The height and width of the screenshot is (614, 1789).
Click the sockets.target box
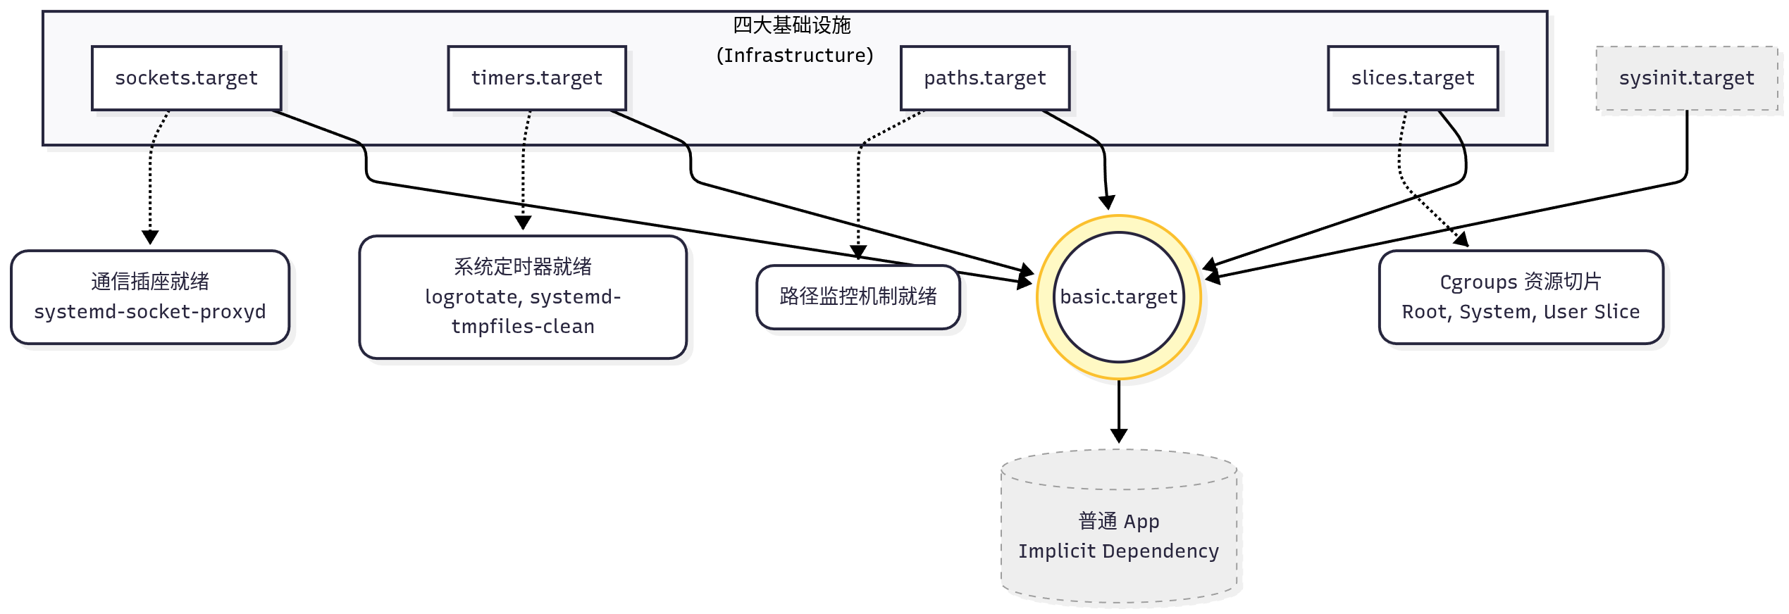(x=186, y=78)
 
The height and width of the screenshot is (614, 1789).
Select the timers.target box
(x=536, y=78)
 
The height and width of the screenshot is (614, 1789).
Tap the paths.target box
(x=984, y=78)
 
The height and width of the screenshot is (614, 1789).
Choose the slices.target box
(x=1412, y=78)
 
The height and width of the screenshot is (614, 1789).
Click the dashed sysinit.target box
(x=1686, y=78)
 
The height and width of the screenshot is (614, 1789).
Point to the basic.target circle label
(x=1118, y=297)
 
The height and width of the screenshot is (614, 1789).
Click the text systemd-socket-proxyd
(x=150, y=312)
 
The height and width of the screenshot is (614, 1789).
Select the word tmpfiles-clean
(x=523, y=327)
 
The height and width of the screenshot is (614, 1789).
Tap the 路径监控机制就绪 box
(x=858, y=296)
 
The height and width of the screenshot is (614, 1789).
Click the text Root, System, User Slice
(x=1521, y=312)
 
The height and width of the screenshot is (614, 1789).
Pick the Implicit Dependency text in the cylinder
(x=1118, y=551)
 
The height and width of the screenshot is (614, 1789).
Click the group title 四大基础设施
(x=791, y=25)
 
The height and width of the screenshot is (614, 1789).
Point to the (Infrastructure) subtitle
(x=794, y=56)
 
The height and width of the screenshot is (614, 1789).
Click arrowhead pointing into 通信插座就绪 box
(x=150, y=238)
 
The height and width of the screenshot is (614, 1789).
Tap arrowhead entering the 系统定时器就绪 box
(x=523, y=223)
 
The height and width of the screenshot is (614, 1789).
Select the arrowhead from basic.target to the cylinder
(x=1119, y=436)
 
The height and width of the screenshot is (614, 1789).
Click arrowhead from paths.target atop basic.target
(x=1107, y=203)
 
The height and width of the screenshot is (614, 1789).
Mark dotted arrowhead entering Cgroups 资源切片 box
(x=1463, y=240)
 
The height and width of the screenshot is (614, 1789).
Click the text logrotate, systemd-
(x=523, y=297)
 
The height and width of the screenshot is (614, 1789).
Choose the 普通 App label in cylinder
(x=1118, y=522)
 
